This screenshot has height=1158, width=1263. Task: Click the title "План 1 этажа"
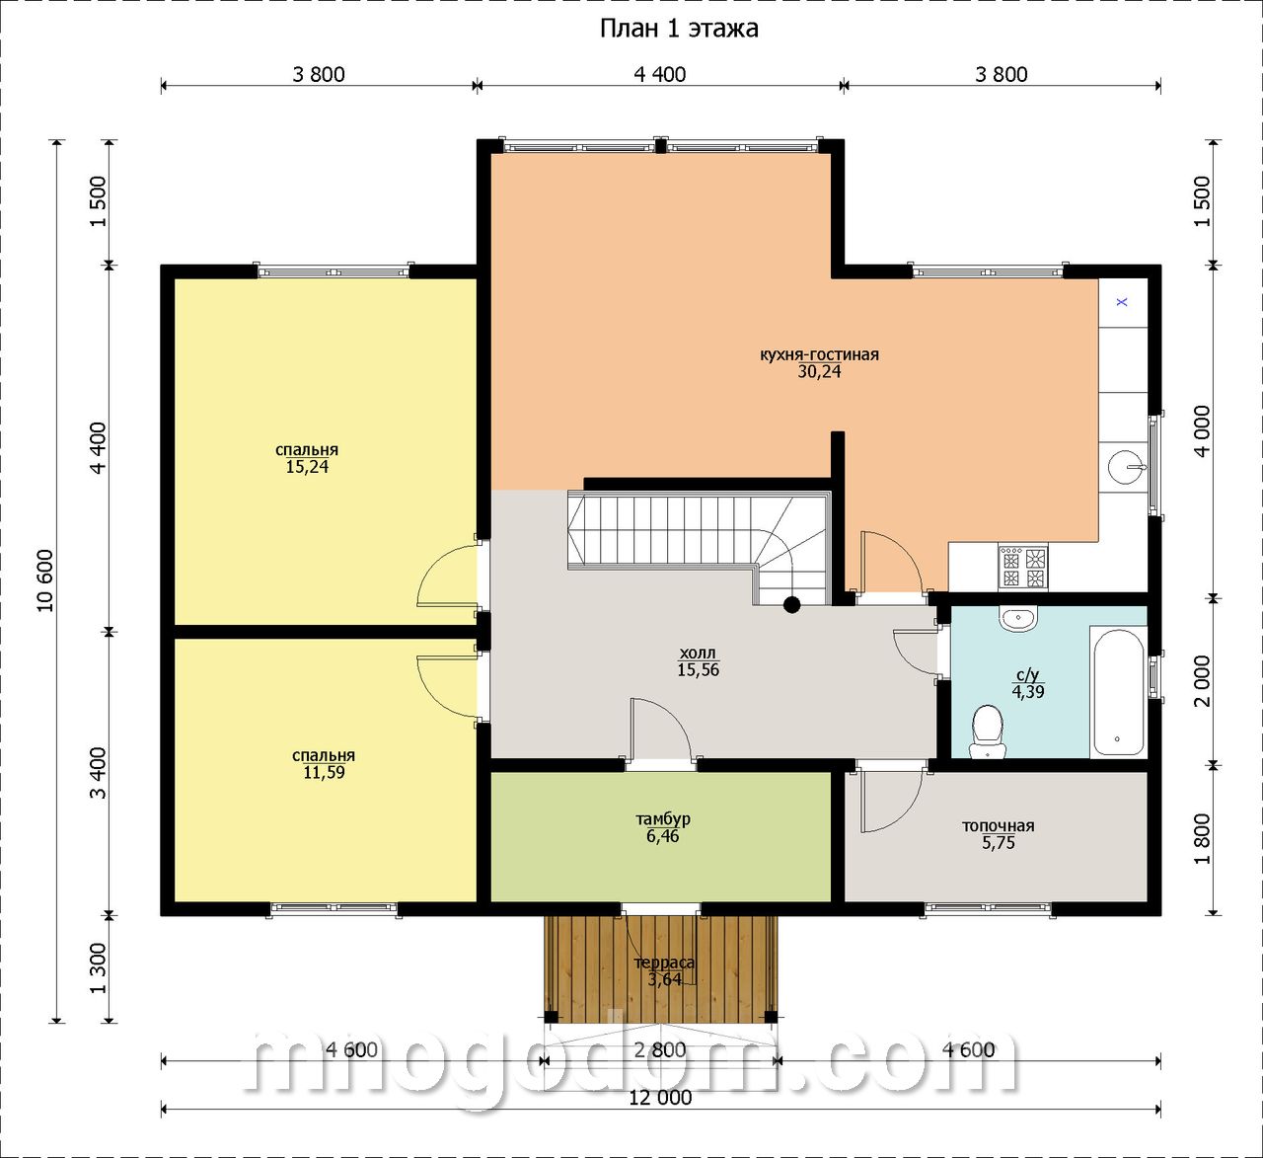679,29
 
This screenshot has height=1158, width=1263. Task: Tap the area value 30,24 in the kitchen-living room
819,371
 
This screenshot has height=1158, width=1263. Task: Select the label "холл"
698,653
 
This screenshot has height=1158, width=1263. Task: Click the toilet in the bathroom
988,732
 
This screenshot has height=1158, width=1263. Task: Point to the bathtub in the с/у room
1118,691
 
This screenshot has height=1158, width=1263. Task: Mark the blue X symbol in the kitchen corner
1122,302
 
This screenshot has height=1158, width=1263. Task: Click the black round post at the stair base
791,604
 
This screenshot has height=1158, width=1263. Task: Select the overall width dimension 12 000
660,1098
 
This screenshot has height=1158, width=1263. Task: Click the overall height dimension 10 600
45,580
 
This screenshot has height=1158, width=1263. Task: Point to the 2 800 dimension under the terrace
660,1049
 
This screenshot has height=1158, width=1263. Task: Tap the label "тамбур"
662,819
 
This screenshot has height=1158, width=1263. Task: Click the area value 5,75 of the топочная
998,842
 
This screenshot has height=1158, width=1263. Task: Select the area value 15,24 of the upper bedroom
307,466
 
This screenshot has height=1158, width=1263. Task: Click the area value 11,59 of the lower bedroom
324,772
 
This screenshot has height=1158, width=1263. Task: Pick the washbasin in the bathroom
1017,619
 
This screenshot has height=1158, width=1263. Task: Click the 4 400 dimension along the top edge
660,74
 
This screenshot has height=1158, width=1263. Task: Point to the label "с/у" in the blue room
1028,675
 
